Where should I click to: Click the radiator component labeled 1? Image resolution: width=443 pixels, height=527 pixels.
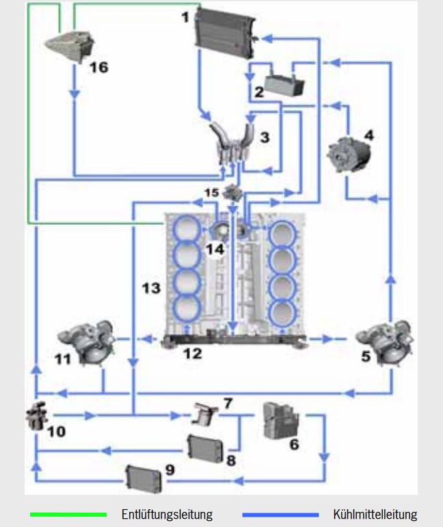pyautogui.click(x=225, y=33)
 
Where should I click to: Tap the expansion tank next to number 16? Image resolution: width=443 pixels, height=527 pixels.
pyautogui.click(x=70, y=46)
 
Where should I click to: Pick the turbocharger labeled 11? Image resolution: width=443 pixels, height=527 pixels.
pyautogui.click(x=86, y=342)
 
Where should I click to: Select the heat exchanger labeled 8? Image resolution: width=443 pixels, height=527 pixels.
pyautogui.click(x=205, y=449)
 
